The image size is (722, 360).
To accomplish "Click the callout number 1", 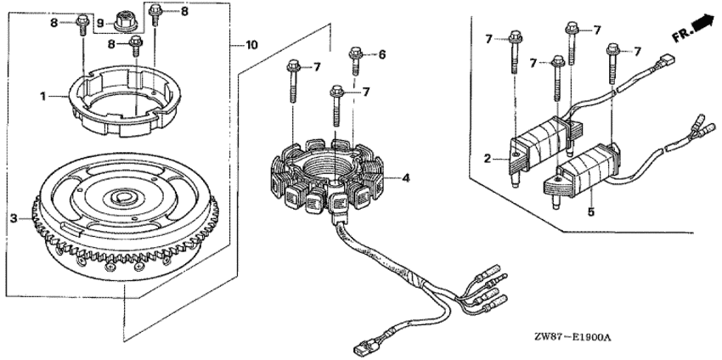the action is [x=42, y=97].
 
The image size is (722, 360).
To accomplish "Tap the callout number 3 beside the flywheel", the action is [x=14, y=218].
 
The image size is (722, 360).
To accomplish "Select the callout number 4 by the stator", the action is [x=406, y=177].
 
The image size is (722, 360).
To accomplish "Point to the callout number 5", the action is [x=591, y=212].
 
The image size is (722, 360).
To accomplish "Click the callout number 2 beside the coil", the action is [x=488, y=160].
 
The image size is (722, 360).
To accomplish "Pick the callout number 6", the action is [x=381, y=55].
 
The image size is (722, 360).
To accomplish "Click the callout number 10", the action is [x=251, y=45].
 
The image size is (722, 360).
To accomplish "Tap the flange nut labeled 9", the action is [x=126, y=21].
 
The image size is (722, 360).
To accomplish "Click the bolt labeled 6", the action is [x=356, y=60].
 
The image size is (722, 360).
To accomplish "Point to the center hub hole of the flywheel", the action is [x=124, y=198].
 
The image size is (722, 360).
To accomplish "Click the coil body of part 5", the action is [x=581, y=172].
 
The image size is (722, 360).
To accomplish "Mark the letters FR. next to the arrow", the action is [x=681, y=34].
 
